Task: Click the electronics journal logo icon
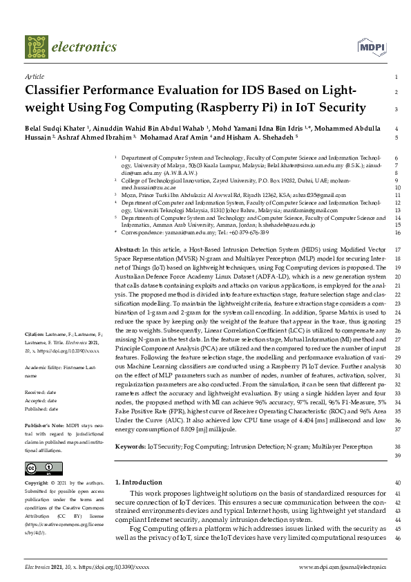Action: coord(37,47)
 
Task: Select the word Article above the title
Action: coord(34,77)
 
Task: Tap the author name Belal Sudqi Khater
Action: coord(55,129)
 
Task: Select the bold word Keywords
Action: coord(130,447)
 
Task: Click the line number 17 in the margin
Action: coord(395,248)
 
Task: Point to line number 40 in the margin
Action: coord(396,482)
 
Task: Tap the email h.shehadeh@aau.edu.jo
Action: coord(285,225)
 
